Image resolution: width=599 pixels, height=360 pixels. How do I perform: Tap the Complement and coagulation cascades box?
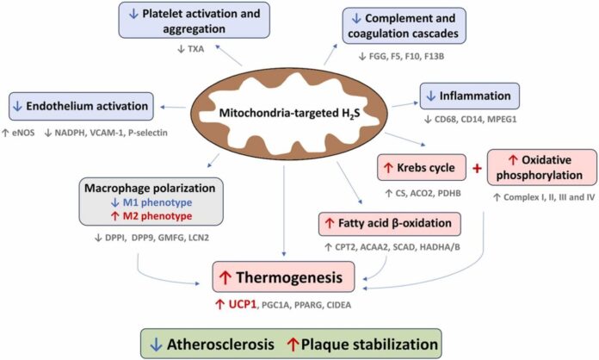(x=404, y=26)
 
